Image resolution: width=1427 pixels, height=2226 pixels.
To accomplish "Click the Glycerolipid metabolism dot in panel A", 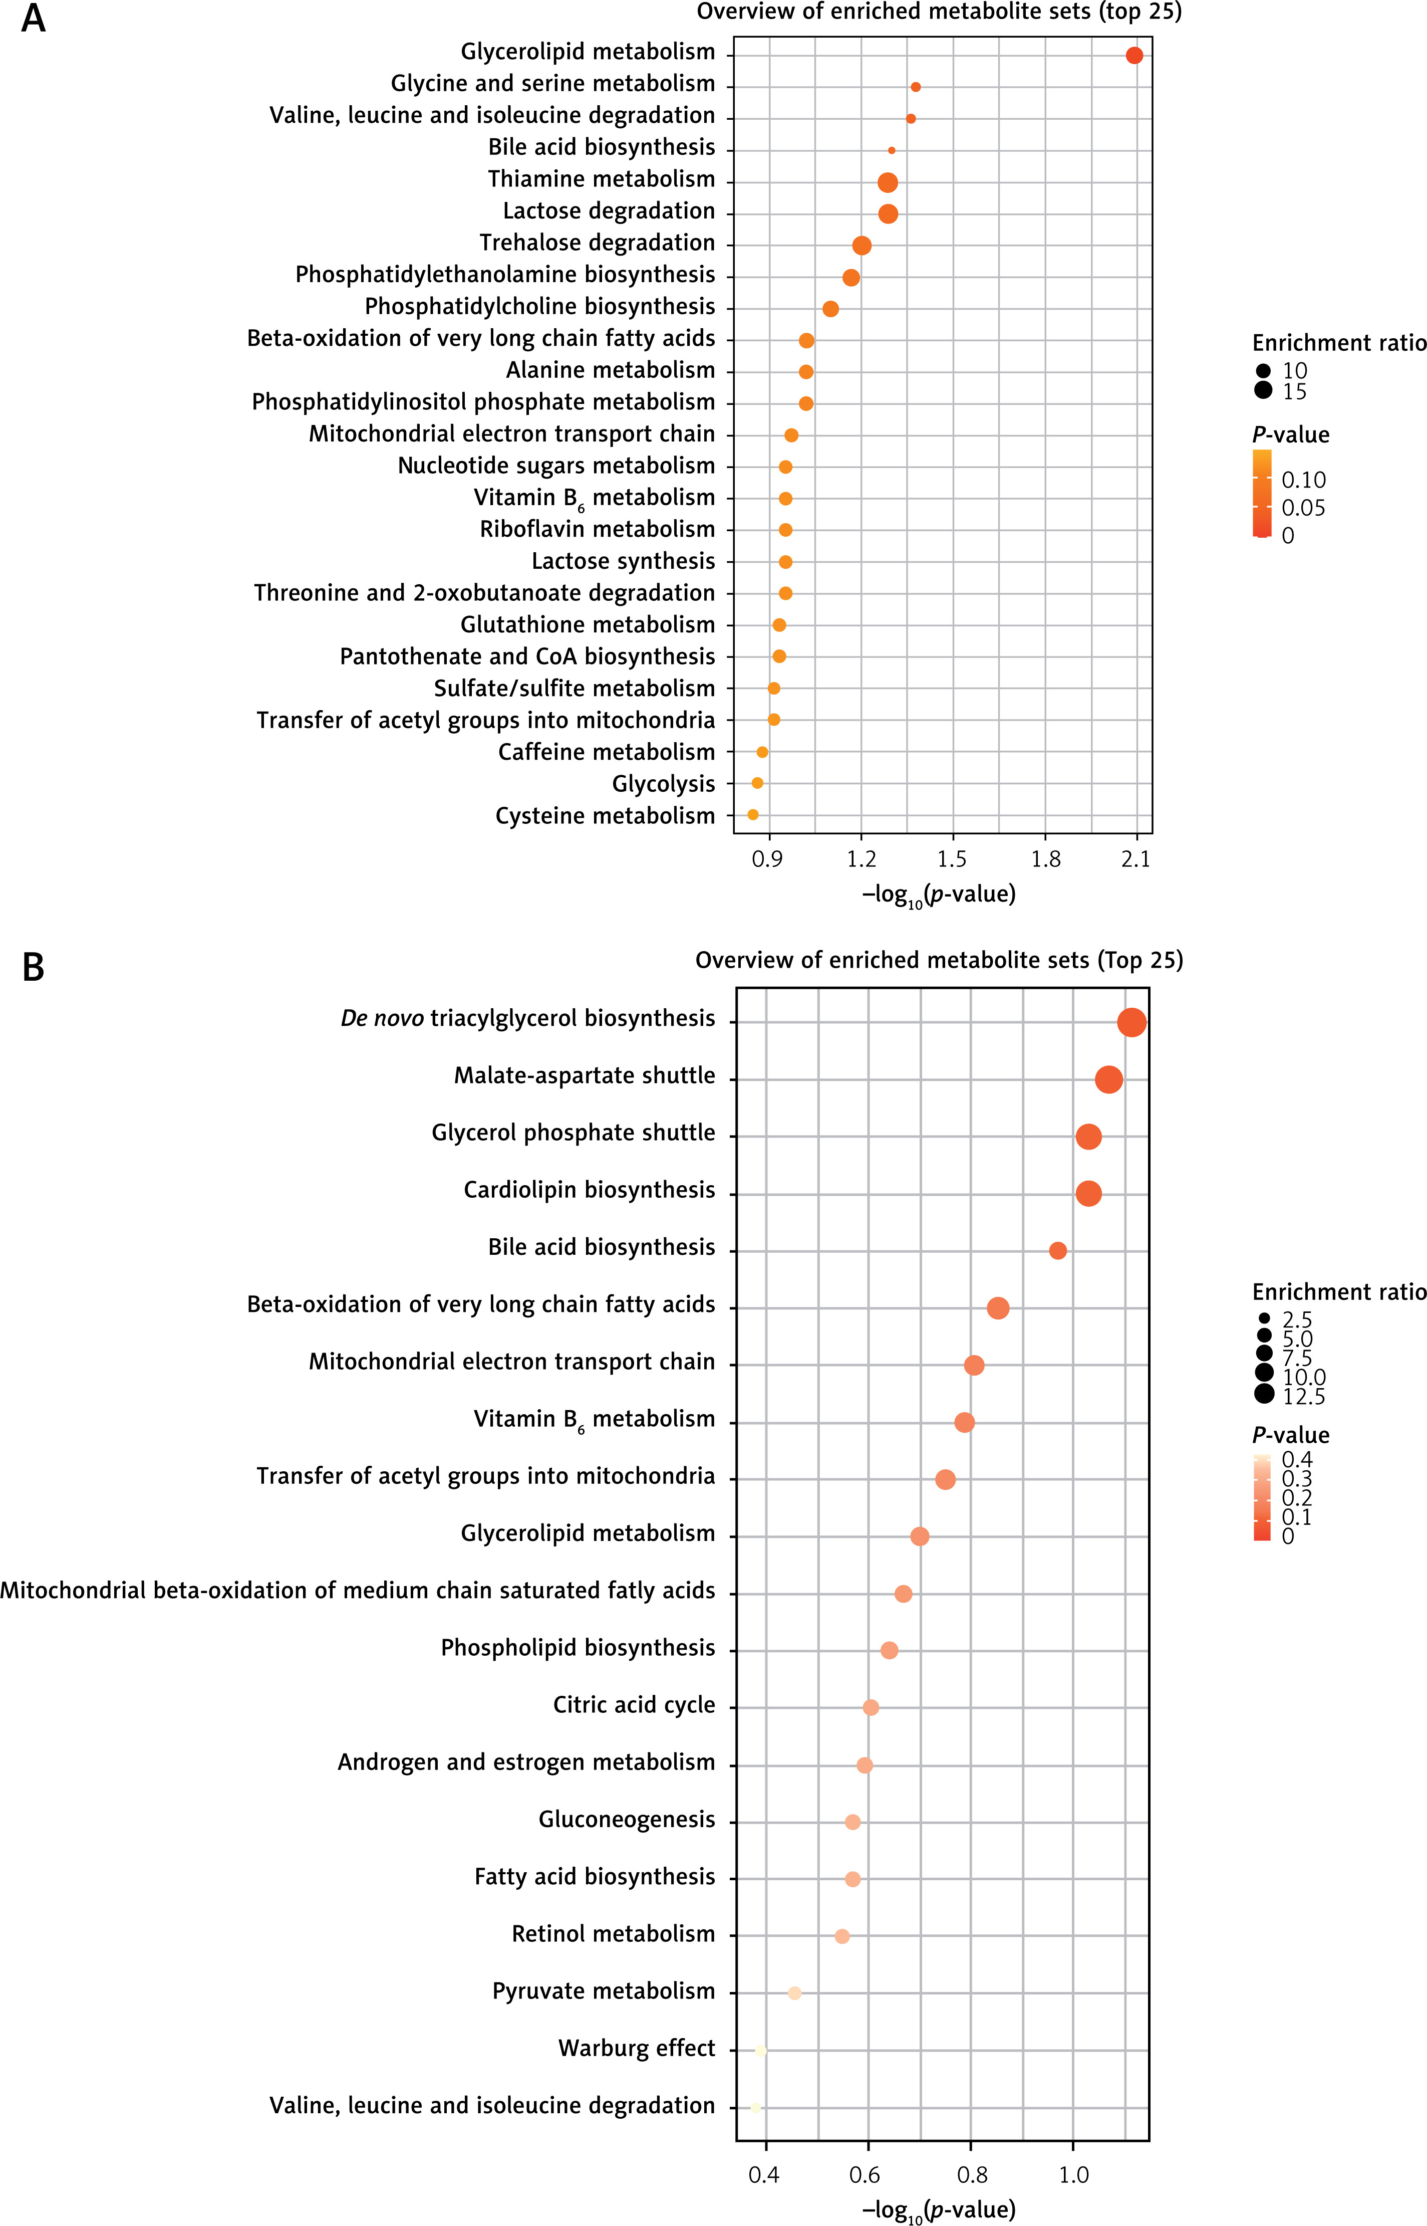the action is (x=1134, y=56).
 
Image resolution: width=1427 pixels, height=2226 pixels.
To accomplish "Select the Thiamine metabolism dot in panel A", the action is (x=888, y=182).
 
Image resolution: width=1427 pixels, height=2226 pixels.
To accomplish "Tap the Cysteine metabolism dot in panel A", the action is (x=752, y=815).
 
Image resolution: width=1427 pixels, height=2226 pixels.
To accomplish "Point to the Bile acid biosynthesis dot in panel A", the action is (x=892, y=150).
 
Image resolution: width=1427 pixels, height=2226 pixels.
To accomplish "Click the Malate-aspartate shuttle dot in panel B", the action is (x=1108, y=1079).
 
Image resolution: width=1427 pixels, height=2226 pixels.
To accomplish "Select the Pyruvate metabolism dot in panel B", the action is (x=794, y=1993).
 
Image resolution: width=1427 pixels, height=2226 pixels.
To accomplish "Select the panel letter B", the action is (x=34, y=968).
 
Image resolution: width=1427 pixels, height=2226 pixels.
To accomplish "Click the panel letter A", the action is (x=34, y=19).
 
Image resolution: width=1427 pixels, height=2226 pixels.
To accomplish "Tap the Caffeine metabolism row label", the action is (x=607, y=752).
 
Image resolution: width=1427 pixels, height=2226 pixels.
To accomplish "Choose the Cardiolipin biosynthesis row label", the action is (x=590, y=1190).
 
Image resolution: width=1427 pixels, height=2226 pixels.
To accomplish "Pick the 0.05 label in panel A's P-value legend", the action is (x=1304, y=508).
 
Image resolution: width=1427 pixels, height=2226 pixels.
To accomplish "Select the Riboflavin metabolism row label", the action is (x=598, y=529).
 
